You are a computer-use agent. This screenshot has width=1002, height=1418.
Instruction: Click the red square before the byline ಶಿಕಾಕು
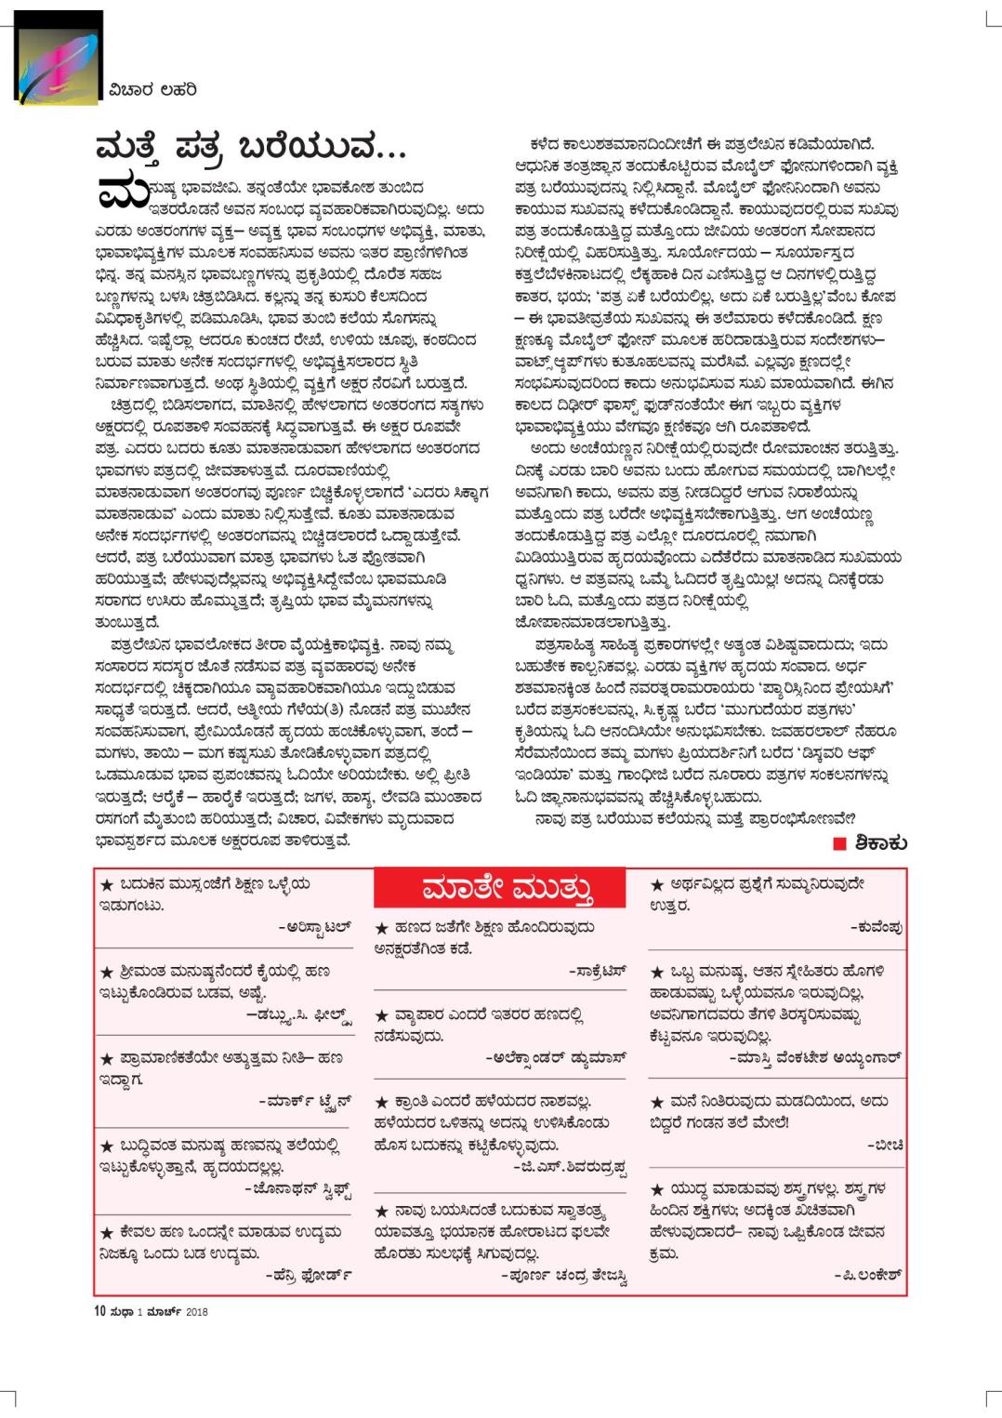tap(838, 843)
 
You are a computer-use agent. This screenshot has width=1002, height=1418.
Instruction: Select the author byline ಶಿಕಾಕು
tap(876, 843)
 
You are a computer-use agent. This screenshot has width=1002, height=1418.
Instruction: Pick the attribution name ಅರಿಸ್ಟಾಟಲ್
tap(317, 927)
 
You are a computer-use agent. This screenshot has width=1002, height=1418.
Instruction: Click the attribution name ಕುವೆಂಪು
tap(878, 927)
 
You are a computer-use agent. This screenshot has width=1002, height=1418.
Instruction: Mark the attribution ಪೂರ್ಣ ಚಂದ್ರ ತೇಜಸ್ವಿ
tap(566, 1277)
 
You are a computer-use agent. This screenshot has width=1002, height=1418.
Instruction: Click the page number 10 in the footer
tap(100, 1312)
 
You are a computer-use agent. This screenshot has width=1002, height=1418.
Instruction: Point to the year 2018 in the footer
tap(196, 1313)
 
